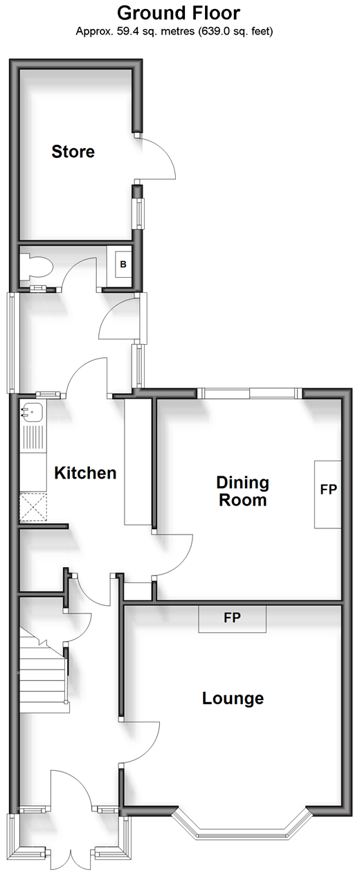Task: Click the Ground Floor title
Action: coord(179,13)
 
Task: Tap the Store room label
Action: coord(73,152)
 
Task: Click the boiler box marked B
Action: coord(123,264)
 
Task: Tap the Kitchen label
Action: coord(85,473)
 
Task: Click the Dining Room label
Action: coord(243,491)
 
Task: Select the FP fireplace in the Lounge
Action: coord(232,618)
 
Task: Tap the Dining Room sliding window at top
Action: coord(249,393)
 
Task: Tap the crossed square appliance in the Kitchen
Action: coord(33,507)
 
